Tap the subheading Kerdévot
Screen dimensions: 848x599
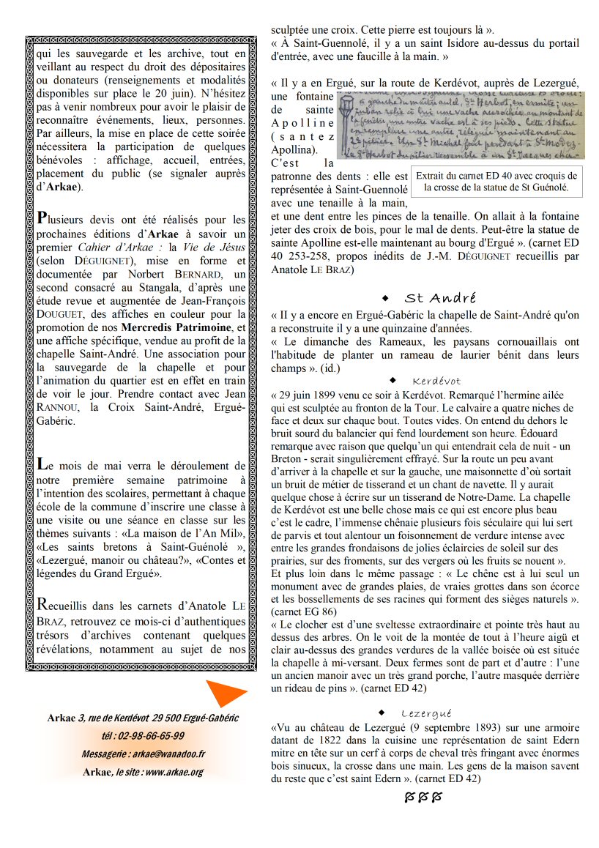[436, 382]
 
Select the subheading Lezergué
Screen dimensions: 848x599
[426, 713]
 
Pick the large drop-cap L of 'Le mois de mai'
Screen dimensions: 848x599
[42, 463]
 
